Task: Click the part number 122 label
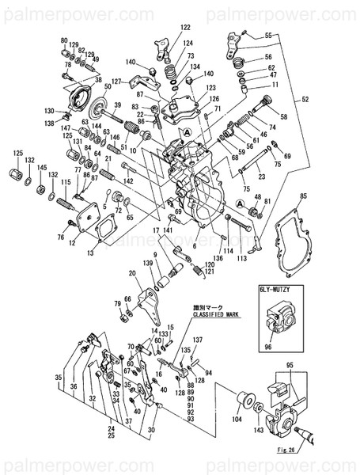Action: pyautogui.click(x=184, y=28)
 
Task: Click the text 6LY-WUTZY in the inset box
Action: pyautogui.click(x=276, y=291)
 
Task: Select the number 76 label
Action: pyautogui.click(x=61, y=237)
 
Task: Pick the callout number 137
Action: pyautogui.click(x=198, y=340)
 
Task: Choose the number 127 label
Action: pyautogui.click(x=116, y=81)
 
